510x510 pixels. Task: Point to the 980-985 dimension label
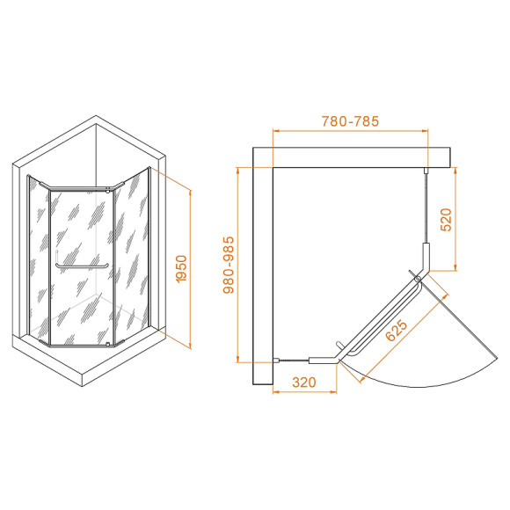click(x=227, y=265)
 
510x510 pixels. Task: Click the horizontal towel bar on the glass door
click(x=81, y=265)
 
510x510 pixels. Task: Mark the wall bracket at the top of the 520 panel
click(x=426, y=170)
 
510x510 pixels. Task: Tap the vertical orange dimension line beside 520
click(x=455, y=220)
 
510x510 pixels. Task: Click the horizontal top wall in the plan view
click(x=352, y=157)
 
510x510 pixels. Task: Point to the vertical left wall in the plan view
click(x=263, y=264)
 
